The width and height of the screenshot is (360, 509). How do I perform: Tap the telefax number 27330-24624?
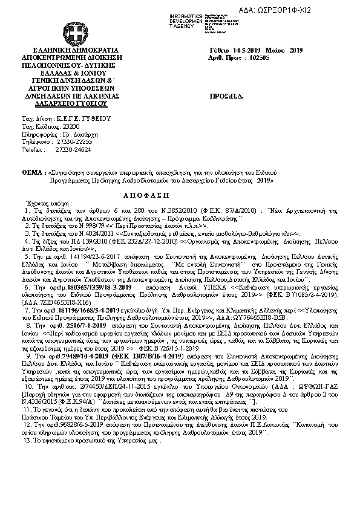[69, 148]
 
